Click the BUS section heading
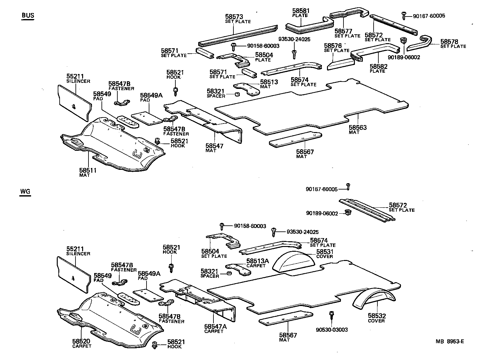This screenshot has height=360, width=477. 28,16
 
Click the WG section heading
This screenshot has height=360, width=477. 25,192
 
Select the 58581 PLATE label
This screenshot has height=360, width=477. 300,13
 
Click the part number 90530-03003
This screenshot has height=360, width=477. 332,330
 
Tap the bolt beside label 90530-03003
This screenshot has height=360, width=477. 331,315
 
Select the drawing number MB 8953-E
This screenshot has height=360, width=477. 450,342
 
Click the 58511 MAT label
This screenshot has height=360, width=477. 88,172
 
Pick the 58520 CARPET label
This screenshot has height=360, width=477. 82,343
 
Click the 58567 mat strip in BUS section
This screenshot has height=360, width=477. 295,139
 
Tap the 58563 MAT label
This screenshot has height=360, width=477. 358,130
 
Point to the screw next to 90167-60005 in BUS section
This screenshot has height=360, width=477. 404,15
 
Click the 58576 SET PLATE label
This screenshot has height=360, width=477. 336,48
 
